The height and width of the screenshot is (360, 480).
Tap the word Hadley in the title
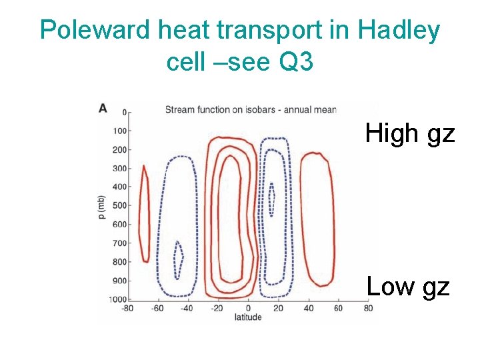click(x=399, y=31)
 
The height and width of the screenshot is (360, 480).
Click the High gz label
click(x=409, y=134)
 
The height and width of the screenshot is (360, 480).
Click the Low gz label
click(x=408, y=287)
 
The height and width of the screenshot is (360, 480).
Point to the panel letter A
click(x=103, y=107)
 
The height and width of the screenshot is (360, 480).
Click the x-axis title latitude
click(x=248, y=317)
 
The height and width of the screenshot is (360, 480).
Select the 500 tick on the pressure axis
click(x=119, y=205)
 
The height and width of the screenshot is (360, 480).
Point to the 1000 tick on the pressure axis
click(x=117, y=299)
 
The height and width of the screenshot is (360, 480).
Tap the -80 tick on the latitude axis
click(x=128, y=308)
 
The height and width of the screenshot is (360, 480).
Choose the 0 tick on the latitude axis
click(x=248, y=308)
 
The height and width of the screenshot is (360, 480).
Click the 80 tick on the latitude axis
click(x=368, y=308)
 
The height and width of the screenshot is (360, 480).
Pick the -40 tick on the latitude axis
click(x=187, y=308)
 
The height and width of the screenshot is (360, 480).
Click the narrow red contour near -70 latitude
click(x=142, y=213)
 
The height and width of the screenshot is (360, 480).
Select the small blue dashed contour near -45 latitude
click(x=178, y=260)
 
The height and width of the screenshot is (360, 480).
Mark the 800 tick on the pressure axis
click(x=119, y=261)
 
